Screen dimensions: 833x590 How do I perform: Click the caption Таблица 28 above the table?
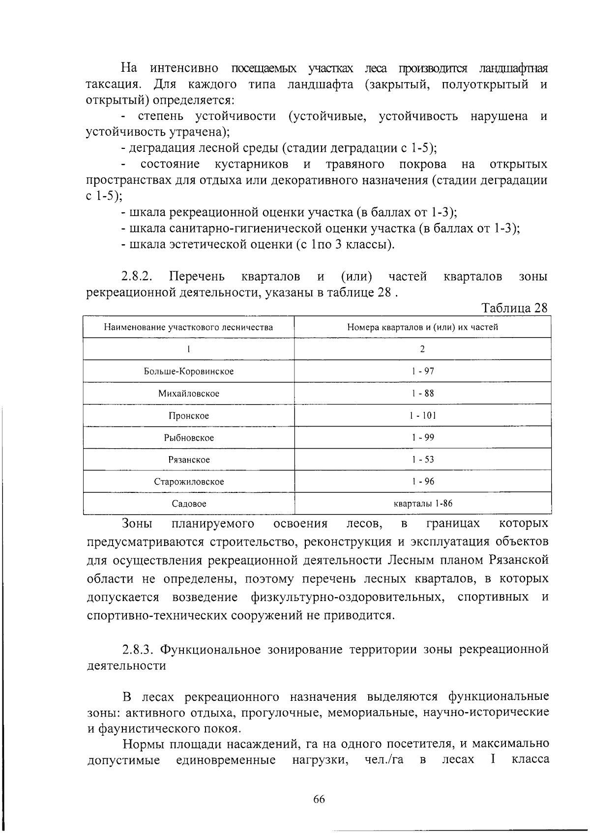pos(514,308)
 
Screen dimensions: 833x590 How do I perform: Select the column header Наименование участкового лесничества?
pos(188,327)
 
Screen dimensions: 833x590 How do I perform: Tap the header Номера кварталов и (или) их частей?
pos(422,327)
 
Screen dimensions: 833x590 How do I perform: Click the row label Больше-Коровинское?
pos(188,371)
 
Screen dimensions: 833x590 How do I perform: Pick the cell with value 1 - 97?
pos(422,371)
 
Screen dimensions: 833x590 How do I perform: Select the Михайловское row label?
pos(188,393)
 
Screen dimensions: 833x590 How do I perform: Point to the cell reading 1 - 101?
pos(422,415)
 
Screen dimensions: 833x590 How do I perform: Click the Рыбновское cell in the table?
pos(188,437)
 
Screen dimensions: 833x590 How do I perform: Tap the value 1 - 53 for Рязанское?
pos(422,460)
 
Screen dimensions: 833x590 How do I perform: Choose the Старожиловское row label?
pos(188,482)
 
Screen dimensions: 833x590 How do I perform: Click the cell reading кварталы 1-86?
pos(422,504)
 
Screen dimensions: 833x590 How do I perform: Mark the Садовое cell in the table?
pos(188,504)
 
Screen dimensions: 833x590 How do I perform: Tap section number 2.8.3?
pos(140,650)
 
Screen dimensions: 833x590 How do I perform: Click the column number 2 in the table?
pos(422,349)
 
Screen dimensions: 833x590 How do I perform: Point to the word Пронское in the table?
pos(188,415)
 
